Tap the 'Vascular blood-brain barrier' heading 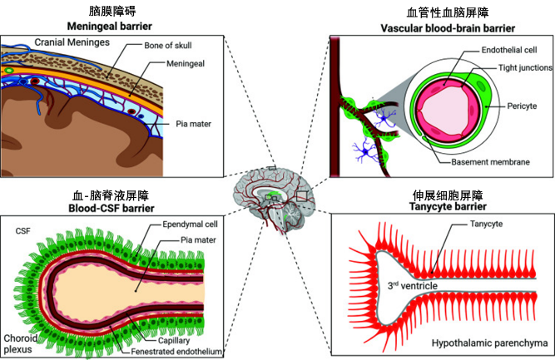441,27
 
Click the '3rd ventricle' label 414,284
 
